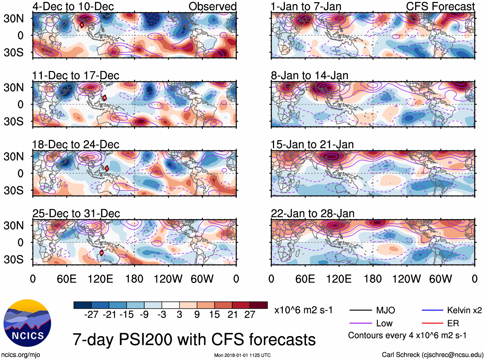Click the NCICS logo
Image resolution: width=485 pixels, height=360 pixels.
[27, 323]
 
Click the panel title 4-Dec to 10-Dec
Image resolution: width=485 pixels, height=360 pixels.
[73, 6]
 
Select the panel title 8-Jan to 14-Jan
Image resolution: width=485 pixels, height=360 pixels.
[309, 75]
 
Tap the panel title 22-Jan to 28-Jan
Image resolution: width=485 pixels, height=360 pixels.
[313, 214]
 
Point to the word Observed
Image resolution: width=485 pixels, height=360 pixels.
[212, 6]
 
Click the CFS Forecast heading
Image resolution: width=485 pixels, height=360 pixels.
[440, 6]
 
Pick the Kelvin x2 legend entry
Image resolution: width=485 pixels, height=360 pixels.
[451, 310]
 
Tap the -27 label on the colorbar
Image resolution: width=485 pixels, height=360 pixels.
[91, 314]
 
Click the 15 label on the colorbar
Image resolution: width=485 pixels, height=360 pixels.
[214, 314]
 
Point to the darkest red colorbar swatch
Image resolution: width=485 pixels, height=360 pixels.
[259, 305]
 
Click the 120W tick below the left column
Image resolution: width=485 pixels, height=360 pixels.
[168, 279]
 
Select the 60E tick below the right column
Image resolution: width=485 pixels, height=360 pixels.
[305, 279]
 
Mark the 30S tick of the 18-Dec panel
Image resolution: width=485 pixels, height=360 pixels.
[13, 190]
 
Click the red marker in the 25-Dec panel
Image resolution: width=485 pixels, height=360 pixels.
[101, 253]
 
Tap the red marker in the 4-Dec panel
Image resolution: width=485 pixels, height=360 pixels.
[82, 25]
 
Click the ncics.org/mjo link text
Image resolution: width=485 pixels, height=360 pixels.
[21, 355]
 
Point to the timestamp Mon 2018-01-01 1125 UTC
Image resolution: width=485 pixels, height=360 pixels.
[242, 355]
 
